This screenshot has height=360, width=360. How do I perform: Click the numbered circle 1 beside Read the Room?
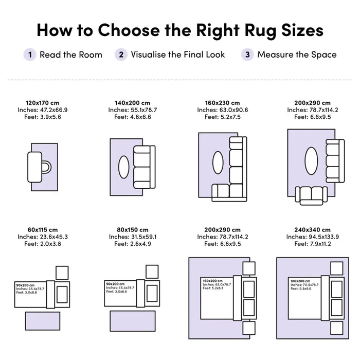[x=30, y=55]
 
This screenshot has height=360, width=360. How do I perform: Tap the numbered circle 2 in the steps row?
[x=121, y=55]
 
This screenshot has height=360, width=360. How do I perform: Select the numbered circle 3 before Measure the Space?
[x=247, y=55]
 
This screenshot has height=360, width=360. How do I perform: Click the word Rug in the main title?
[x=260, y=30]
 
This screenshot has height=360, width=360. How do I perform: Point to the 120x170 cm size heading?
[x=43, y=103]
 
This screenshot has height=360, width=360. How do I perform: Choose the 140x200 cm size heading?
[x=133, y=103]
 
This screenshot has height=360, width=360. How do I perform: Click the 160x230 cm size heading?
[x=223, y=103]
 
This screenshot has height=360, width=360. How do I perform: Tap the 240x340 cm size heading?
[x=313, y=230]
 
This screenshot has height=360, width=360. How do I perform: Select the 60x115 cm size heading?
[x=43, y=230]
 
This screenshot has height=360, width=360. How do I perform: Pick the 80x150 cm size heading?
[x=133, y=230]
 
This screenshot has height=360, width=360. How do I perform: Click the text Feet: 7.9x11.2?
[x=313, y=244]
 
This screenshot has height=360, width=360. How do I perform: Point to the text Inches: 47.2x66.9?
[x=43, y=110]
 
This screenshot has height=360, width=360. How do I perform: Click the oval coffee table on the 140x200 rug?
[x=124, y=167]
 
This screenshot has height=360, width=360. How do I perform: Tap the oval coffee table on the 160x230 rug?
[x=218, y=163]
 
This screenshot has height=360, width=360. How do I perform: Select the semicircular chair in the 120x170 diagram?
[x=47, y=167]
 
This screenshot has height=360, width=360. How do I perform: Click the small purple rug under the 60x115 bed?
[x=43, y=321]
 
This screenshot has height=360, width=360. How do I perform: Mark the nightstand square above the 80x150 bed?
[x=152, y=272]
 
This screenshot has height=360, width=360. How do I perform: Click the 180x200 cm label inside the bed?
[x=300, y=281]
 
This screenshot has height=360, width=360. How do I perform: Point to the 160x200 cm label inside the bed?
[x=212, y=281]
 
